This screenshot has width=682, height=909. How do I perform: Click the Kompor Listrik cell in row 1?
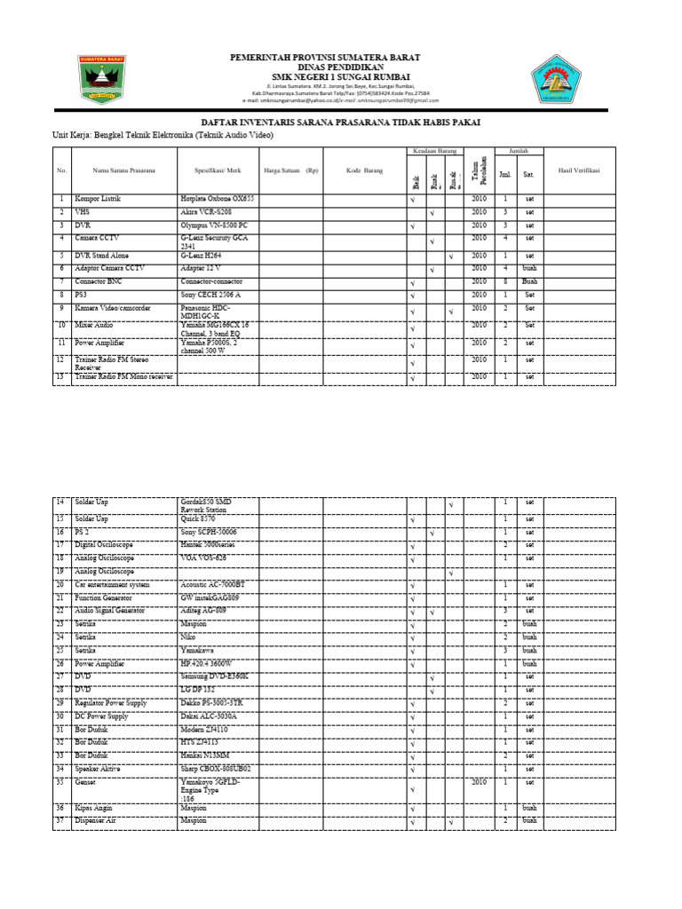click(x=98, y=200)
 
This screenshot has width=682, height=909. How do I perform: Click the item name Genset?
click(x=87, y=783)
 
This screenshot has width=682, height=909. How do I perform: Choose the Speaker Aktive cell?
click(x=100, y=768)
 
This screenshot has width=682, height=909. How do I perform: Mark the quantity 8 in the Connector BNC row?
click(x=505, y=281)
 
